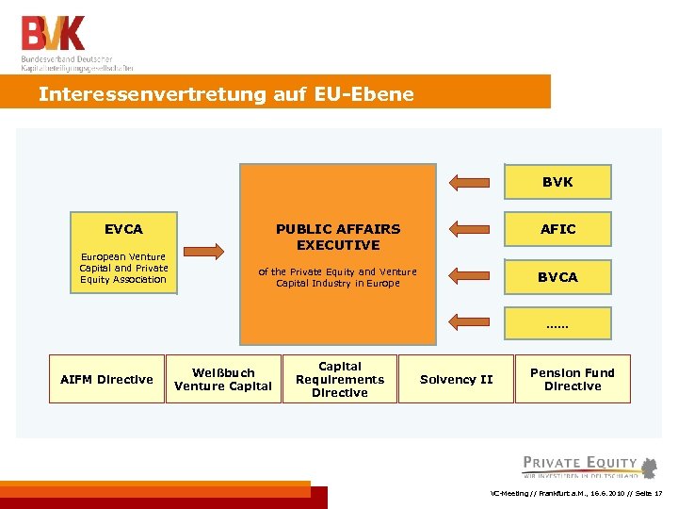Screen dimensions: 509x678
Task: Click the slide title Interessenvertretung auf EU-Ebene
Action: pyautogui.click(x=226, y=94)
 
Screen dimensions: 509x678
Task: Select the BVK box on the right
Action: pyautogui.click(x=557, y=182)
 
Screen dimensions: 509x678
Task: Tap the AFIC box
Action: pyautogui.click(x=557, y=229)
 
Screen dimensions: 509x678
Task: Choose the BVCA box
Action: pyautogui.click(x=557, y=277)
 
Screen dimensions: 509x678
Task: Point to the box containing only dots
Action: pyautogui.click(x=557, y=325)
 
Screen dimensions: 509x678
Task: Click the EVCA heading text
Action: pyautogui.click(x=123, y=229)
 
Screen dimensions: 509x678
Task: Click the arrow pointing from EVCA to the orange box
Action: pyautogui.click(x=203, y=251)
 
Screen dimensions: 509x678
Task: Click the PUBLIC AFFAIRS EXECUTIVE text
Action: pyautogui.click(x=338, y=237)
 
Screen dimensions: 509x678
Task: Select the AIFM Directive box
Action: pyautogui.click(x=106, y=379)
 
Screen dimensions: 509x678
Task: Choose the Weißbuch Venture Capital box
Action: pyautogui.click(x=223, y=379)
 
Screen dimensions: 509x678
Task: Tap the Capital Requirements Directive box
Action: pyautogui.click(x=340, y=379)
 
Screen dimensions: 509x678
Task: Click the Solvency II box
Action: pyautogui.click(x=456, y=379)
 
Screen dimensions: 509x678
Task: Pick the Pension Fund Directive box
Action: pyautogui.click(x=573, y=379)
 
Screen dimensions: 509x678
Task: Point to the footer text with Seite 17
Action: pyautogui.click(x=576, y=494)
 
